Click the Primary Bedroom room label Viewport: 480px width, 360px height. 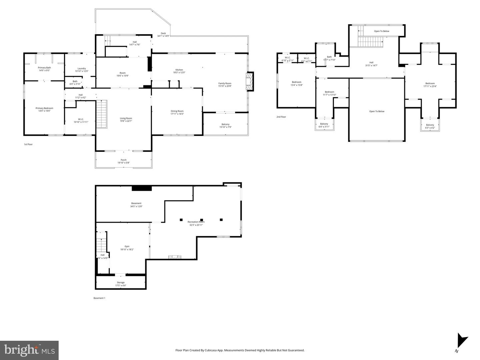point(44,108)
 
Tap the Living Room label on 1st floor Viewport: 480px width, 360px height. point(126,118)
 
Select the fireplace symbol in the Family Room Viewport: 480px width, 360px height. point(249,81)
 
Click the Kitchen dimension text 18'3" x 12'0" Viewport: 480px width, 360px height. point(179,73)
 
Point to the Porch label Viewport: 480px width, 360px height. point(123,160)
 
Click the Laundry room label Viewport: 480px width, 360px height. point(82,69)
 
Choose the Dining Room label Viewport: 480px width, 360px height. point(177,111)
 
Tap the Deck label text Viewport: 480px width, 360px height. point(163,33)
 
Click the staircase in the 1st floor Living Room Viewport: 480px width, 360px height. point(102,114)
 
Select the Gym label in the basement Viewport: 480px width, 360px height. point(127,246)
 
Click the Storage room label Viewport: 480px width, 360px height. point(121,282)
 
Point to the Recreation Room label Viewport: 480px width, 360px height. point(196,222)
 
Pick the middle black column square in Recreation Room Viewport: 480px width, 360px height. point(201,219)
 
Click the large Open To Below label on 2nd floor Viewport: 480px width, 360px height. point(377,112)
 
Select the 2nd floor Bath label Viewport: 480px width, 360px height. point(329,57)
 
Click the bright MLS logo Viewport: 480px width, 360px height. point(29,350)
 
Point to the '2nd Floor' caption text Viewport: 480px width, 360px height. point(281,117)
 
